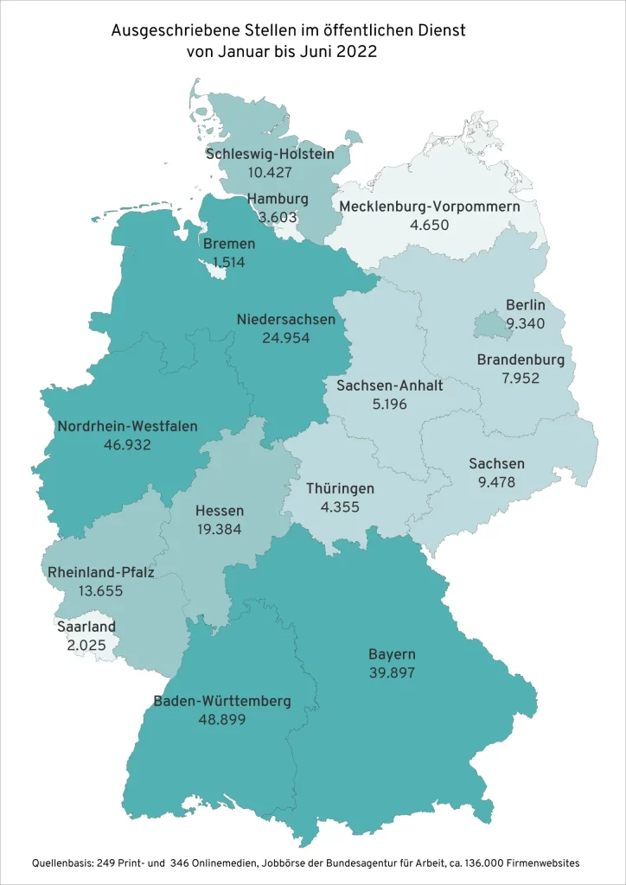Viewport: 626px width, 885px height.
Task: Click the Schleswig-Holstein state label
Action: (269, 154)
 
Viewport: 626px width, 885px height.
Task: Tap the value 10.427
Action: (269, 172)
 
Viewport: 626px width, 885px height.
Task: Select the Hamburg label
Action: (278, 199)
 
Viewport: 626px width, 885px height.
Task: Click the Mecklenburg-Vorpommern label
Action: (429, 207)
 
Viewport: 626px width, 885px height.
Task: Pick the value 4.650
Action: (430, 225)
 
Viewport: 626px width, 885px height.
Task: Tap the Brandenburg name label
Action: (521, 360)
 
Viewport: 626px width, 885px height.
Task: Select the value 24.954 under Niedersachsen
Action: (286, 337)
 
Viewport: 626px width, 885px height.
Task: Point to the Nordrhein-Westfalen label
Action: (127, 426)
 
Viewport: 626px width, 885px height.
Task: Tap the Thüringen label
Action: (341, 488)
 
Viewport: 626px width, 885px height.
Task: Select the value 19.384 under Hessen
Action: (219, 529)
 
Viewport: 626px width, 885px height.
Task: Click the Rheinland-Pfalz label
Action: (100, 572)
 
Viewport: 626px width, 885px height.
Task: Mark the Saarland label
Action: (86, 627)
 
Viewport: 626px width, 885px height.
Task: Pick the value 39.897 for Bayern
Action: (392, 672)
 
